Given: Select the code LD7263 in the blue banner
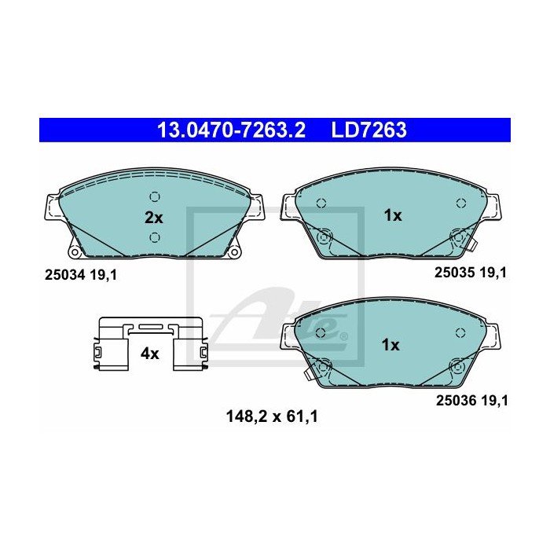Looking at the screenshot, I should pos(368,129).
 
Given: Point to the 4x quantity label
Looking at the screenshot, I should pos(149,354).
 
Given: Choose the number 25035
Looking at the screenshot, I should pos(456,272).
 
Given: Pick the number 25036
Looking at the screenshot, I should pos(456,400).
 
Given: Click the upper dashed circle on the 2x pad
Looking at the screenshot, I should pos(155,197).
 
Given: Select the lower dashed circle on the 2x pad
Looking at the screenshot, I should pos(155,236).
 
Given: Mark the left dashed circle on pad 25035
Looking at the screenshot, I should pos(321,203).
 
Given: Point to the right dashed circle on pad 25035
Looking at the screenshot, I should pos(460,203).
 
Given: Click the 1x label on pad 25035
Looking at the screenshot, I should pos(391,214).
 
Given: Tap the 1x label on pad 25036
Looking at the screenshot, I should pos(390,344).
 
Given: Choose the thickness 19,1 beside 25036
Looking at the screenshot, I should pos(496,400).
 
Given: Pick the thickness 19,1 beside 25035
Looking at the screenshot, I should pos(496,272).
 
